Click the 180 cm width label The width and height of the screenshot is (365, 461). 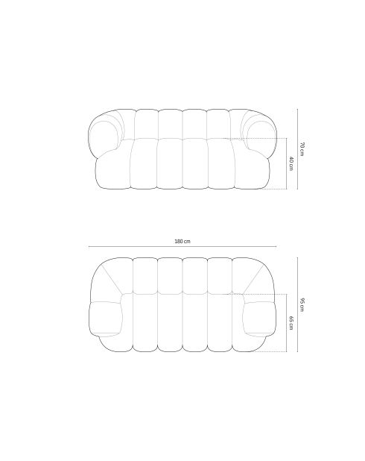pos(182,242)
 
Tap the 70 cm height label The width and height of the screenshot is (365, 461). pos(302,149)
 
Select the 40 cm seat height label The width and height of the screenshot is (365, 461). pos(291,164)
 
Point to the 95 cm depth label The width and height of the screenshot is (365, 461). pos(302,304)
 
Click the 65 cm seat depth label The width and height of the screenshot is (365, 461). pos(291,322)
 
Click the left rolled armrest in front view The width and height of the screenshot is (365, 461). pos(104,135)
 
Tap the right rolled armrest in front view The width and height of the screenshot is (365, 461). pos(261,135)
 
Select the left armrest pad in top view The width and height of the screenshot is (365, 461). pos(106,319)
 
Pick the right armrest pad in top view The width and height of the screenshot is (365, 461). pos(259,319)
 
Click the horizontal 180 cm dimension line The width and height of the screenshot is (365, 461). pos(182,247)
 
